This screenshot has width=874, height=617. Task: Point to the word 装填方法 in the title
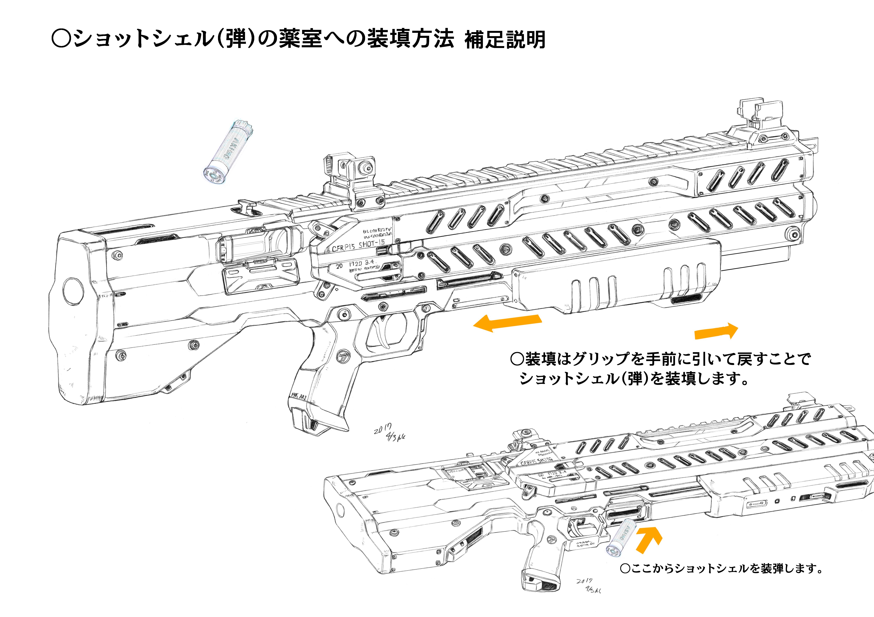[x=410, y=39]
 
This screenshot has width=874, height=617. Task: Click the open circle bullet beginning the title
[x=61, y=39]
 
